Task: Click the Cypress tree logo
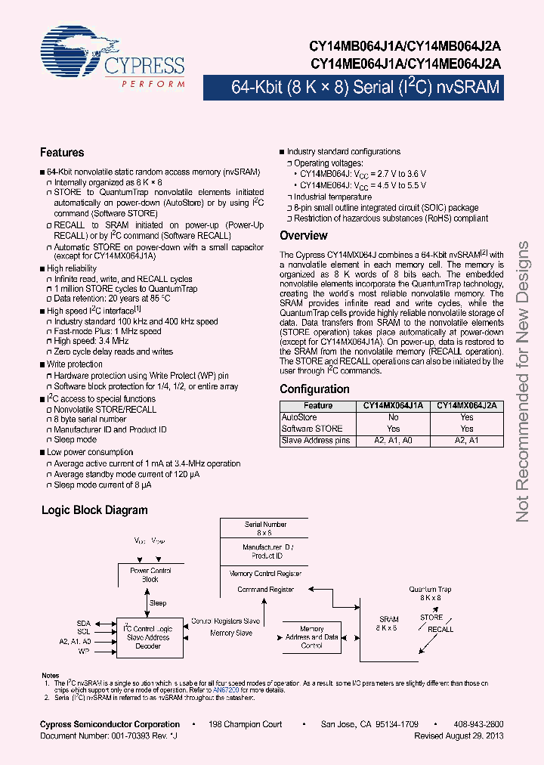point(76,48)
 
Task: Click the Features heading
point(62,153)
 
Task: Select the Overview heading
point(304,236)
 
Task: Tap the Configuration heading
point(314,389)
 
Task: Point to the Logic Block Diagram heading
point(94,510)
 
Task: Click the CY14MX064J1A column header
point(393,406)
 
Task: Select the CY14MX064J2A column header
point(467,406)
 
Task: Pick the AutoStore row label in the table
point(299,417)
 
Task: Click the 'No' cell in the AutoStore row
point(393,417)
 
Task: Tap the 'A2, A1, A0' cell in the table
point(393,440)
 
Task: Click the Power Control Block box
point(150,575)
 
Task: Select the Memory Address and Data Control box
point(312,636)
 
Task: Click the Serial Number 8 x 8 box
point(265,528)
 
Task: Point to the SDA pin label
point(83,623)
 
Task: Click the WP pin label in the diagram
point(84,650)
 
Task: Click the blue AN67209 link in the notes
point(224,690)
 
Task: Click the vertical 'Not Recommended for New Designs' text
point(523,382)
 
